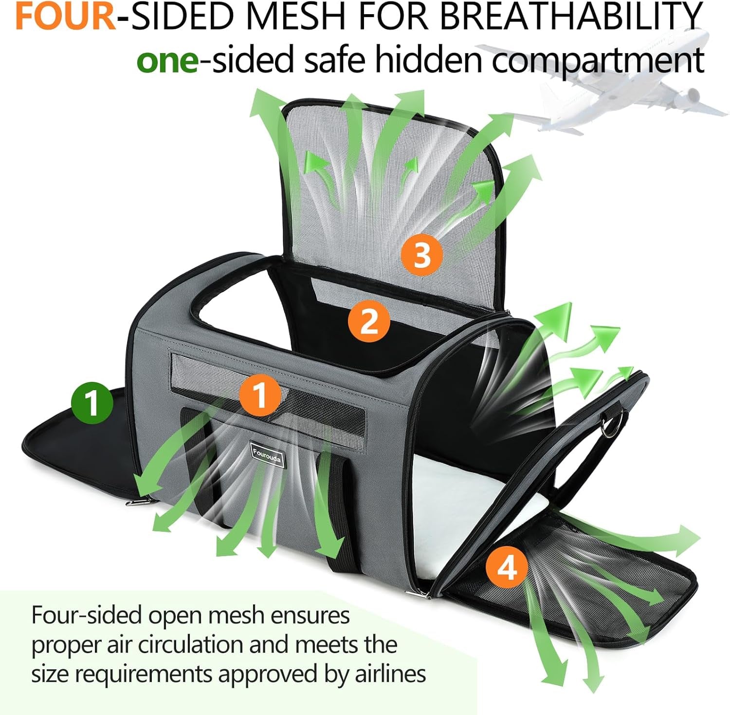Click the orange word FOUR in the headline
(66, 16)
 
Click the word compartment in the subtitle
(598, 61)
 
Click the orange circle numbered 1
(260, 395)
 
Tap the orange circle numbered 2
(369, 321)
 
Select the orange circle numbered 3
(421, 255)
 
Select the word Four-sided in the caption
(87, 615)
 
